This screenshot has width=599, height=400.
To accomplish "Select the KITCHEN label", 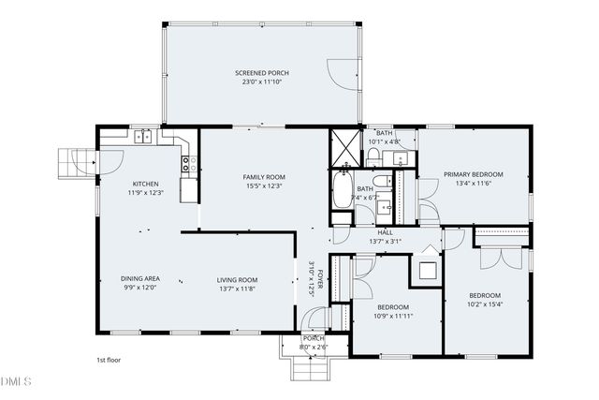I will tap(145, 184).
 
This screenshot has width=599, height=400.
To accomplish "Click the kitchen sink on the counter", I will tap(143, 138).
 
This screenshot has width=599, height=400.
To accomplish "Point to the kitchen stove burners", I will tap(188, 166).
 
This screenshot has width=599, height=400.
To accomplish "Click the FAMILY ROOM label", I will tap(264, 177).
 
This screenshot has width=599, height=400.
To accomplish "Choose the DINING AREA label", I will tap(140, 278).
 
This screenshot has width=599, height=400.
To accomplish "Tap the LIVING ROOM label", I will tap(238, 280).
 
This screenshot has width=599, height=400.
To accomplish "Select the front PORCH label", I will tap(313, 338).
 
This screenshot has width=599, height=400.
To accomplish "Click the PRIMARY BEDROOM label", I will tap(473, 174).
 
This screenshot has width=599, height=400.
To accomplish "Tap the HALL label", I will tap(385, 232).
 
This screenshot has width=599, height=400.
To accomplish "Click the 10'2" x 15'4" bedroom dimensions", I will tap(485, 304).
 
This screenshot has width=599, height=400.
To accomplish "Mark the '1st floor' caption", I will tap(109, 360).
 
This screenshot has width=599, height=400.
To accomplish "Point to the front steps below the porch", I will tap(310, 369).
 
